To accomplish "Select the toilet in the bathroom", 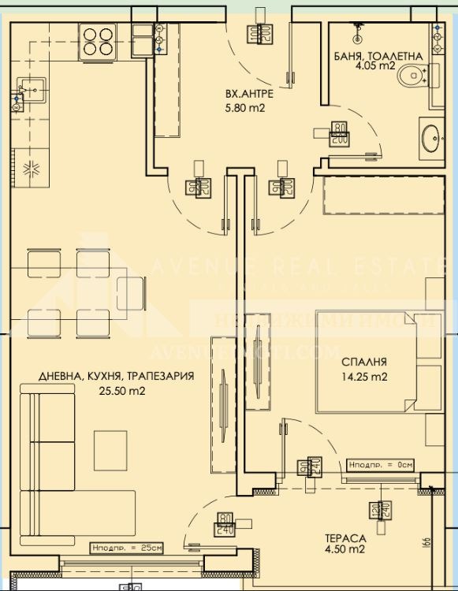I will [412, 77].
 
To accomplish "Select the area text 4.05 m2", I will [385, 68].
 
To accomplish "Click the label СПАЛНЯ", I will [363, 362].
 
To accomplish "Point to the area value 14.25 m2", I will [363, 377].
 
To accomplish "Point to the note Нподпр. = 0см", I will [382, 466].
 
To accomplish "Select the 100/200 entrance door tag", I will [265, 34].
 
